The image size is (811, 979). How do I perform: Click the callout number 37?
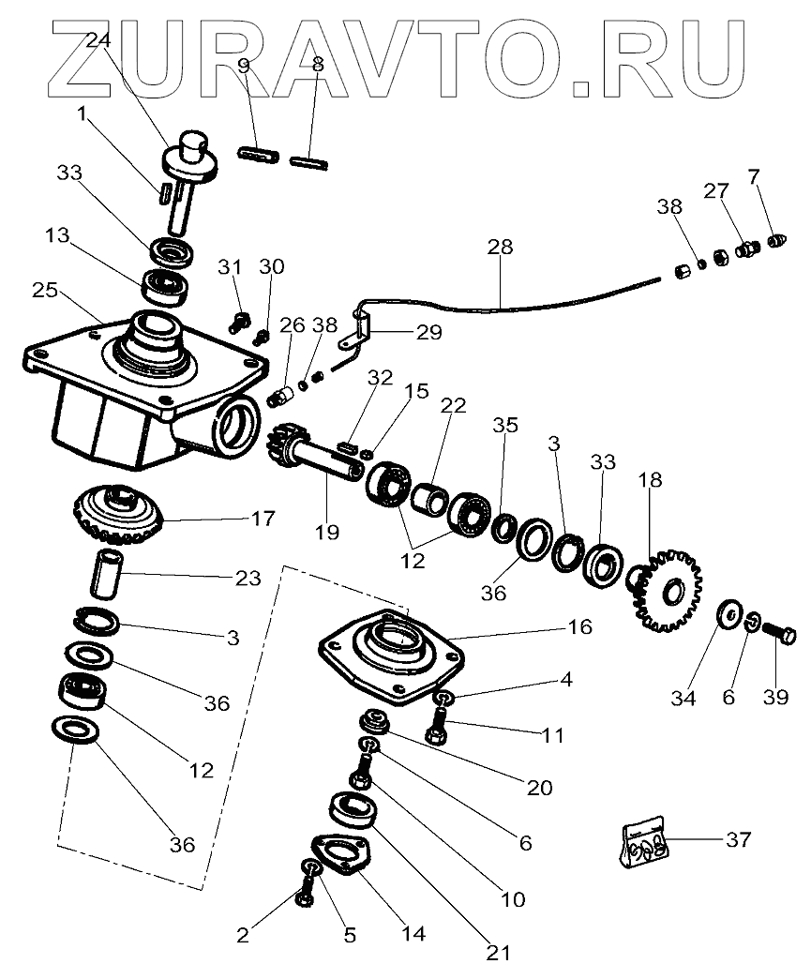[738, 839]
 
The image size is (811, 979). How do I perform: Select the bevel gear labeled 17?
[118, 515]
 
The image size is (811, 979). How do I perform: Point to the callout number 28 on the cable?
[501, 249]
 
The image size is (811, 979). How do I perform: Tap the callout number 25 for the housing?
[44, 291]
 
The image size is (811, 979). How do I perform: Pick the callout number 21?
[498, 953]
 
